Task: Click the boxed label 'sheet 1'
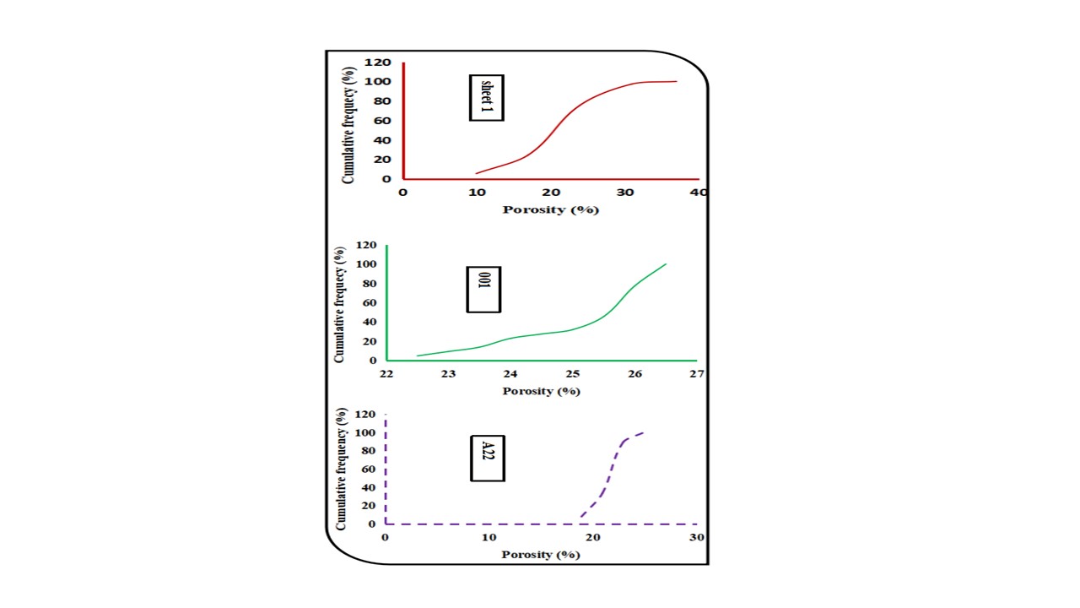point(486,97)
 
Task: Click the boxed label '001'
point(483,289)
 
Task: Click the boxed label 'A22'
point(487,459)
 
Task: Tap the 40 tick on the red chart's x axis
point(699,193)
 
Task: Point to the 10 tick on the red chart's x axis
point(477,193)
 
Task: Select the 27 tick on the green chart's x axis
point(696,374)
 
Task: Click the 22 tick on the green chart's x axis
point(386,374)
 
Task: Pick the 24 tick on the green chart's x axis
point(510,374)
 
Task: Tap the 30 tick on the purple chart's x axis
point(696,538)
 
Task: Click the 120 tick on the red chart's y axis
point(378,62)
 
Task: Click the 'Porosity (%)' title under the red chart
point(550,209)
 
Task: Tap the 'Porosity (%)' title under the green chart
point(541,391)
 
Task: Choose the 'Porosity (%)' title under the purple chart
point(541,555)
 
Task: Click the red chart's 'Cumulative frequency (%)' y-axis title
point(348,121)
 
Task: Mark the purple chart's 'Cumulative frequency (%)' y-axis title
point(342,469)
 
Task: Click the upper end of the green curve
point(666,264)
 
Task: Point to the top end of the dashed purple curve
point(644,432)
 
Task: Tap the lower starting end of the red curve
point(477,173)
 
